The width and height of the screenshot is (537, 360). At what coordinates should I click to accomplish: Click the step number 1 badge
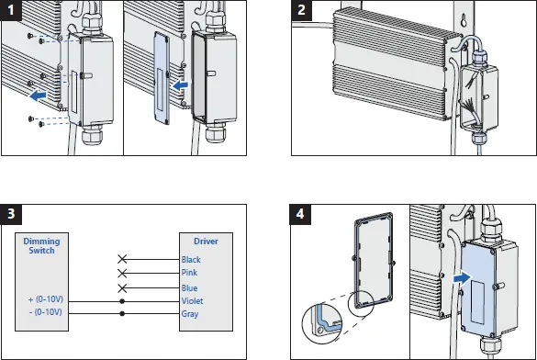click(11, 10)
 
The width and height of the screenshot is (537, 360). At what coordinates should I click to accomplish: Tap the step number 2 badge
click(301, 10)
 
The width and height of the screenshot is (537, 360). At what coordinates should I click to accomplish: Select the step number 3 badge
click(11, 214)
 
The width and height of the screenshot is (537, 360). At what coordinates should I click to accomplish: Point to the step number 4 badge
click(300, 214)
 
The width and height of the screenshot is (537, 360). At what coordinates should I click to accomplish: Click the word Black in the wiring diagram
click(191, 260)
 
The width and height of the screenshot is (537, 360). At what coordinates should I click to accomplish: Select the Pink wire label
click(189, 273)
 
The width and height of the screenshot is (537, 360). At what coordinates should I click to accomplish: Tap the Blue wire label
click(189, 288)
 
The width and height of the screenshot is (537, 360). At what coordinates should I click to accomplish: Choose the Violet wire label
click(192, 301)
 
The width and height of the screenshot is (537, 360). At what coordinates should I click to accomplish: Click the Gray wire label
click(190, 314)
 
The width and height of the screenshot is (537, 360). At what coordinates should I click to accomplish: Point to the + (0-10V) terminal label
click(46, 299)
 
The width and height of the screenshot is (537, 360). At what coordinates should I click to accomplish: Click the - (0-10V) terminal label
click(46, 312)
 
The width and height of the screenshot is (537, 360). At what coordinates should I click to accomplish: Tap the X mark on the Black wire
click(122, 259)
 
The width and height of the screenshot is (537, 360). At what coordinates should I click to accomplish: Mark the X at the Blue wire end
click(122, 288)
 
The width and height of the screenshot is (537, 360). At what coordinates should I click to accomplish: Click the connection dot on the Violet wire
click(122, 301)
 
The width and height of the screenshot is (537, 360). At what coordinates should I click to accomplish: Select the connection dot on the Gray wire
click(122, 313)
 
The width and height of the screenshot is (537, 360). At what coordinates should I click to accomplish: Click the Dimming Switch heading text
click(41, 245)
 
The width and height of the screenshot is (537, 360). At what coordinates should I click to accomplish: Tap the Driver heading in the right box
click(206, 242)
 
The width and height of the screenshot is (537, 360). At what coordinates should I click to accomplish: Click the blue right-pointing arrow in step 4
click(463, 277)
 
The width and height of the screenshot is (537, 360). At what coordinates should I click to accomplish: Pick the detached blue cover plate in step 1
click(162, 78)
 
